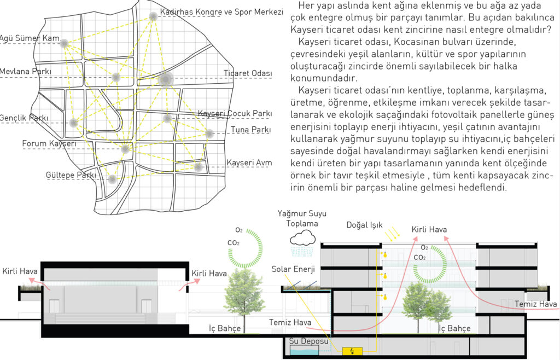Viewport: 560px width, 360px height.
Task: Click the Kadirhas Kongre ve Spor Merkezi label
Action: tap(221, 12)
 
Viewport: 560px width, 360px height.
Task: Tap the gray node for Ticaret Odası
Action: tap(166, 79)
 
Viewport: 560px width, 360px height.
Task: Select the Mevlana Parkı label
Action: tap(25, 71)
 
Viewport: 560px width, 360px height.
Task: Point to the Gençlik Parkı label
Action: tap(24, 118)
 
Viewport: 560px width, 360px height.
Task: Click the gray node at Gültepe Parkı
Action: tap(112, 179)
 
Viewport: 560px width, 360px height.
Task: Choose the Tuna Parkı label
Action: tap(250, 129)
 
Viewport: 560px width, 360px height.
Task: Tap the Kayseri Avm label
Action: tap(249, 163)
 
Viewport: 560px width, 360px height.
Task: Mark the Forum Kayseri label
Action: tap(49, 143)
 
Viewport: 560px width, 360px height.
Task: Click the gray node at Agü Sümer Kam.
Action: tap(65, 44)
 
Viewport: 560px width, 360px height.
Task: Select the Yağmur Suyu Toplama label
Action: tap(302, 219)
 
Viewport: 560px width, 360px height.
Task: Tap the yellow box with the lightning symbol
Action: tap(352, 351)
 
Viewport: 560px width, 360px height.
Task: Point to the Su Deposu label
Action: tap(308, 341)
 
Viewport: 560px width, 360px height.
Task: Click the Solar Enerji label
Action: tap(293, 269)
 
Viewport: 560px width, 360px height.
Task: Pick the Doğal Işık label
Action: tap(364, 225)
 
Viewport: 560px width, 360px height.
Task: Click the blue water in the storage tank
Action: tap(304, 352)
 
